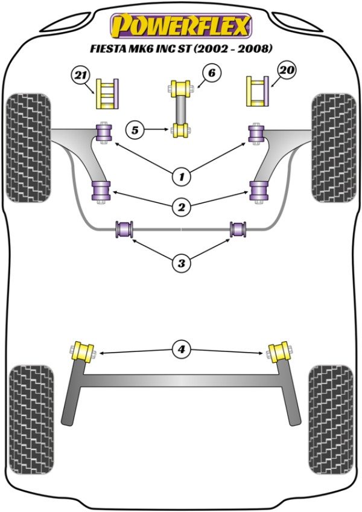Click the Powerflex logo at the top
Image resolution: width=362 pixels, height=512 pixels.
point(182,26)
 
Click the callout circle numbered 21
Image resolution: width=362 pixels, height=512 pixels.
point(81,76)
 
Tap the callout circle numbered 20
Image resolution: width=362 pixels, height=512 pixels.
point(287,71)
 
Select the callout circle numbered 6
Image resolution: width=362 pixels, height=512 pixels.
point(212,73)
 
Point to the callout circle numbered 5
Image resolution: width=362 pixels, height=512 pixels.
point(135,130)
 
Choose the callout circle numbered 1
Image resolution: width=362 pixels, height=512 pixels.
point(182,177)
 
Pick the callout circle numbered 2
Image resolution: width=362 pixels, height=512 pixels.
point(182,206)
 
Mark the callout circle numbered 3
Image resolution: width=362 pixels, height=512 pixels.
point(182,263)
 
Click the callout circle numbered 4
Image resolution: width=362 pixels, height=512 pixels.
point(182,350)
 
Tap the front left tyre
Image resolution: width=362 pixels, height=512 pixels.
point(29,148)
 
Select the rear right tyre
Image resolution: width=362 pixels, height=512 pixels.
point(331,419)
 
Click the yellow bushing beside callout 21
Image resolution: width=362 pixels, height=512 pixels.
point(107,94)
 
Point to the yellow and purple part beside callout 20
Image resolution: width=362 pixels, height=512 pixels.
point(257,91)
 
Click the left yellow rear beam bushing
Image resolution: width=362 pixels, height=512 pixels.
point(83,352)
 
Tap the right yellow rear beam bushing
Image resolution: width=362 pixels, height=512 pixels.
point(279,352)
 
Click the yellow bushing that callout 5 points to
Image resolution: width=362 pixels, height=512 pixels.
point(180,131)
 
